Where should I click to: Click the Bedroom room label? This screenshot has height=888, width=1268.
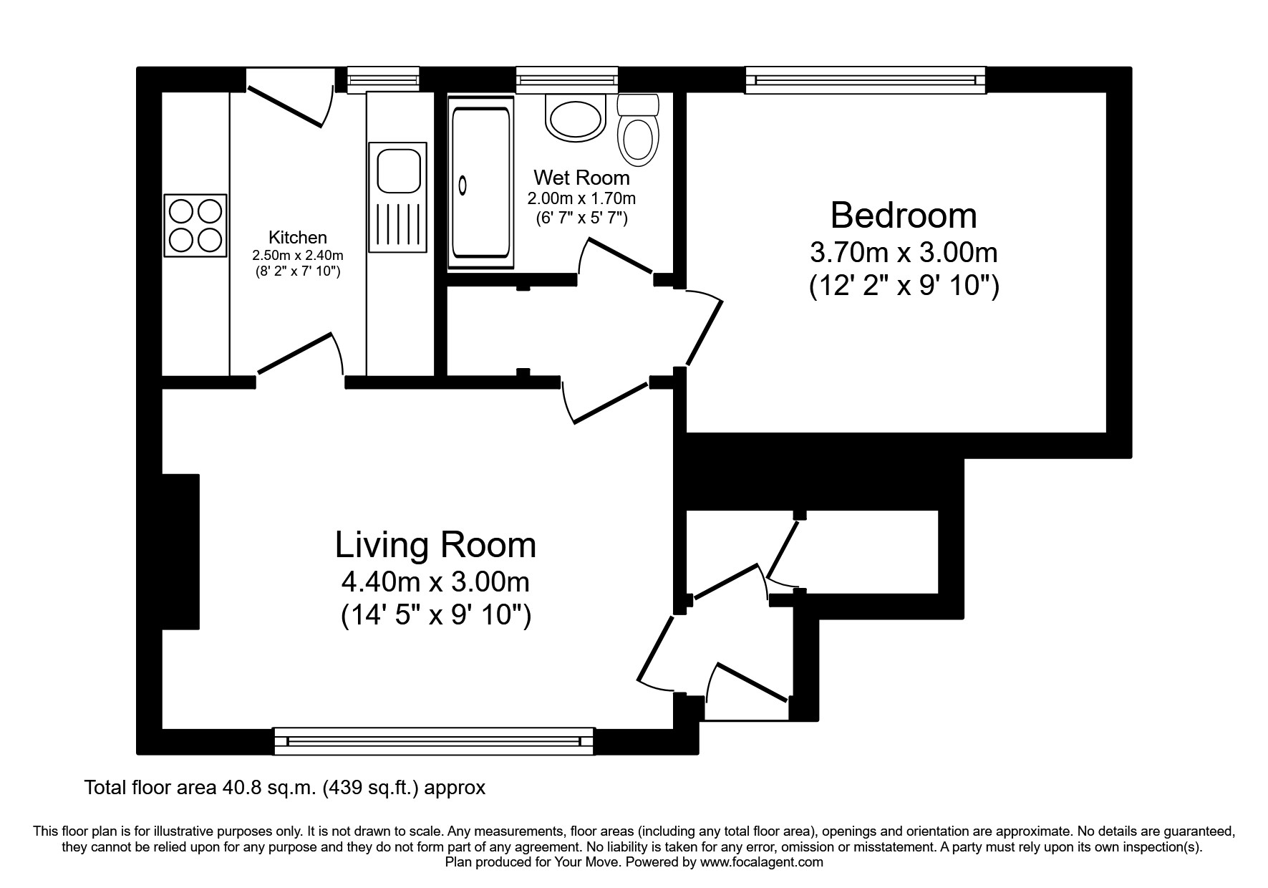pos(904,216)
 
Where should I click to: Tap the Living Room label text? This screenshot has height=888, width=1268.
pos(435,545)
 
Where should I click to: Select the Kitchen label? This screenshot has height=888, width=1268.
pos(297,237)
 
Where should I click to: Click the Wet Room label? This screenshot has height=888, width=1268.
pos(581,178)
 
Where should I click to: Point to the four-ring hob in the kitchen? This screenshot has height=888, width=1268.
pos(195,225)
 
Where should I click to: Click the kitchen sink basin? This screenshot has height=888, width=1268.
pos(397,170)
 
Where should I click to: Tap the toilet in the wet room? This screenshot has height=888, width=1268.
pos(638,136)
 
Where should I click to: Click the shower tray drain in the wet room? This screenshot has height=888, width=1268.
pos(463,185)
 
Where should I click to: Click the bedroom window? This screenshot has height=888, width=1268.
pos(865,80)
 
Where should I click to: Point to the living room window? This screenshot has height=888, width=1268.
pos(434,741)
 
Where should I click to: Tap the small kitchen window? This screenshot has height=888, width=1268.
pos(383,79)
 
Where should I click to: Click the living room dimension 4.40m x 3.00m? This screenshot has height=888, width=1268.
pos(435,582)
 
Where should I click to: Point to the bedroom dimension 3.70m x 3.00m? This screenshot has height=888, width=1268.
pos(904,253)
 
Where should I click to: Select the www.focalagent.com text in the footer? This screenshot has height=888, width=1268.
pos(762,862)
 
